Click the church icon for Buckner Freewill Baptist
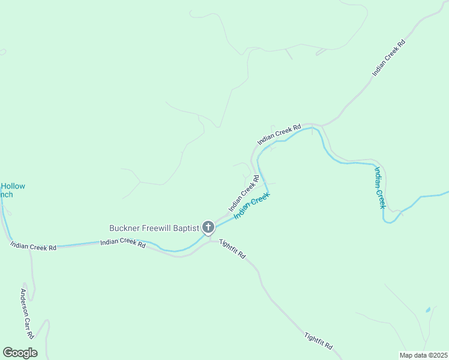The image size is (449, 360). pyautogui.click(x=208, y=227)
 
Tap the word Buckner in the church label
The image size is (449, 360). pyautogui.click(x=124, y=228)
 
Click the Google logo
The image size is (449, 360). pyautogui.click(x=20, y=353)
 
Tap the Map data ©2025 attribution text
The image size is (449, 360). pyautogui.click(x=423, y=355)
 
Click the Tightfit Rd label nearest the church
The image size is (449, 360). pyautogui.click(x=233, y=248)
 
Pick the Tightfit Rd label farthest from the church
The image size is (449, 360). pyautogui.click(x=318, y=342)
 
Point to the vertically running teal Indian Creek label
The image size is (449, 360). pyautogui.click(x=379, y=187)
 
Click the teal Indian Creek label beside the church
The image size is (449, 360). pyautogui.click(x=252, y=205)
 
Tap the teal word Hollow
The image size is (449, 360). pyautogui.click(x=13, y=186)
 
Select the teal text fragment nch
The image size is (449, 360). pyautogui.click(x=6, y=194)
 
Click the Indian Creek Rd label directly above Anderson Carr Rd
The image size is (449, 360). pyautogui.click(x=33, y=246)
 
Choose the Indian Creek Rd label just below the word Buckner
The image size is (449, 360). pyautogui.click(x=123, y=243)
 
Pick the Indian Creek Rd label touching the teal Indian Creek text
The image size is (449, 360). pyautogui.click(x=244, y=193)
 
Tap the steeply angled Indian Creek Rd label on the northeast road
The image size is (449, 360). pyautogui.click(x=389, y=58)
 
